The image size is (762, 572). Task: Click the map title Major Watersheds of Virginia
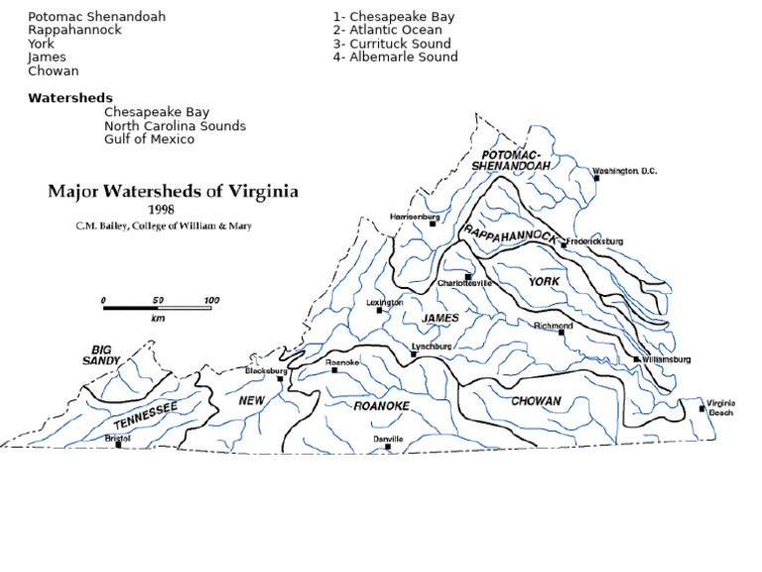pyautogui.click(x=173, y=192)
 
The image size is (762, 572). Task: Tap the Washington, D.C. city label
pyautogui.click(x=625, y=171)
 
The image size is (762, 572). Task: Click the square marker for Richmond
pyautogui.click(x=562, y=333)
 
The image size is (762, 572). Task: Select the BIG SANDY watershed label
pyautogui.click(x=101, y=356)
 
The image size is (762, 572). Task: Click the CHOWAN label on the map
pyautogui.click(x=536, y=401)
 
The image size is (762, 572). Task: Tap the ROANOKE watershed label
pyautogui.click(x=381, y=406)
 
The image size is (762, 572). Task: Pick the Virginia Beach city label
pyautogui.click(x=720, y=407)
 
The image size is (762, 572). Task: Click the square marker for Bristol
pyautogui.click(x=119, y=445)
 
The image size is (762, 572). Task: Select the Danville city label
pyautogui.click(x=388, y=438)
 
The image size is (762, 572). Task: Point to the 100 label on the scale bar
pyautogui.click(x=211, y=300)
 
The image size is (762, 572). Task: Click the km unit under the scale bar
pyautogui.click(x=158, y=319)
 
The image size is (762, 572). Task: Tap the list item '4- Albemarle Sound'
pyautogui.click(x=396, y=57)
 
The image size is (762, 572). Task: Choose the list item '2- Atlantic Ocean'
pyautogui.click(x=394, y=30)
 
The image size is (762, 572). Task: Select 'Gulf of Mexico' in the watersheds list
pyautogui.click(x=149, y=139)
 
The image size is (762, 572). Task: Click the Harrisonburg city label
pyautogui.click(x=415, y=215)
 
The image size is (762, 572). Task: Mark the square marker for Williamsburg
pyautogui.click(x=636, y=359)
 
